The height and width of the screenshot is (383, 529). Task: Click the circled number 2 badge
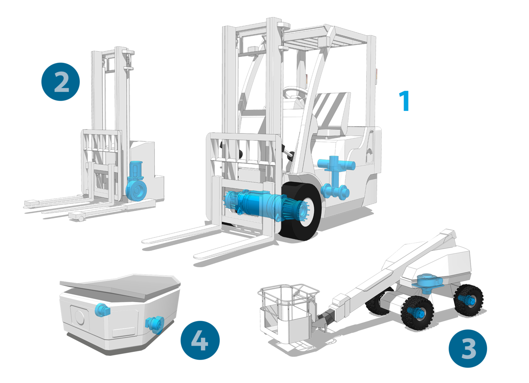click(x=61, y=82)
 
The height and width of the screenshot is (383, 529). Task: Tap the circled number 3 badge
click(x=468, y=348)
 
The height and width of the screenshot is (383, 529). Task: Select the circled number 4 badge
click(x=200, y=340)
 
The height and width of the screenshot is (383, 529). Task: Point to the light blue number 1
click(x=405, y=101)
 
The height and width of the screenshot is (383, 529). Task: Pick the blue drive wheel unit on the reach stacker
click(x=136, y=182)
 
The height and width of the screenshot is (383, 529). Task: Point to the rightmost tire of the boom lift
click(x=469, y=300)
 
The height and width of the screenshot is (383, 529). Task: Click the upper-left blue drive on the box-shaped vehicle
click(x=102, y=310)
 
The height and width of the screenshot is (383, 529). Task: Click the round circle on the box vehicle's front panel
click(x=79, y=317)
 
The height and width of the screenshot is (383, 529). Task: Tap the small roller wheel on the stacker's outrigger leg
click(x=81, y=219)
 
